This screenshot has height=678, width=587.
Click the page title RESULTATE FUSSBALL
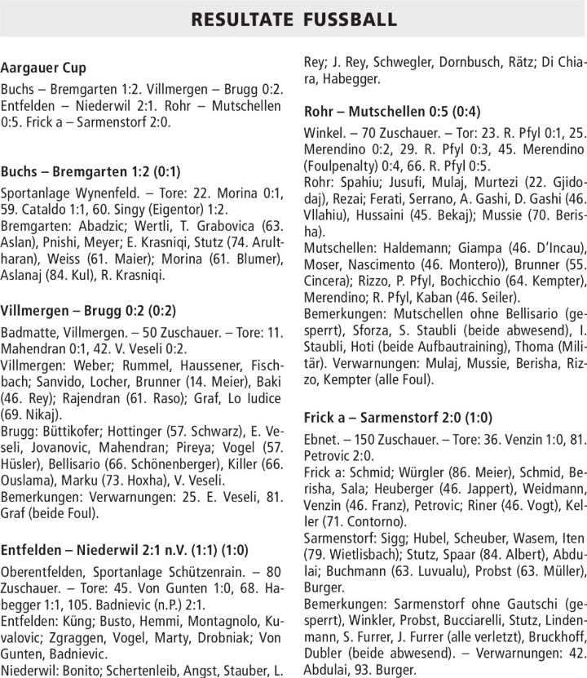[293, 19]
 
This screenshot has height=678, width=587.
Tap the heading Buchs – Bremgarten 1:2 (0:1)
[91, 171]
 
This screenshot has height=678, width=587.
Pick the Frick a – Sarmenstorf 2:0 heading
[398, 417]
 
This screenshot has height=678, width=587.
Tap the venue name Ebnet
[322, 439]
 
